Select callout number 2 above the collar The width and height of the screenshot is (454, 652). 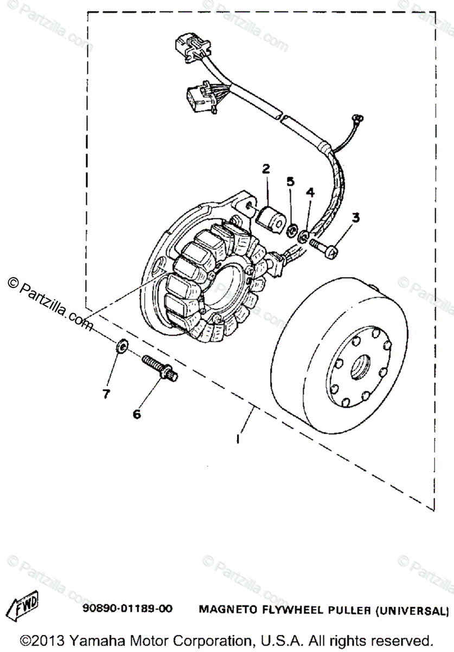point(266,169)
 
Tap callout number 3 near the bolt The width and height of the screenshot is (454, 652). point(356,218)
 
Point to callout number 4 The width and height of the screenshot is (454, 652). point(310,192)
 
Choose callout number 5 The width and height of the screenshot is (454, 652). point(290,181)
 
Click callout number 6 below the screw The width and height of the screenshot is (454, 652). point(137,414)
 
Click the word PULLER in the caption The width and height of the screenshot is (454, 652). point(341,609)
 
